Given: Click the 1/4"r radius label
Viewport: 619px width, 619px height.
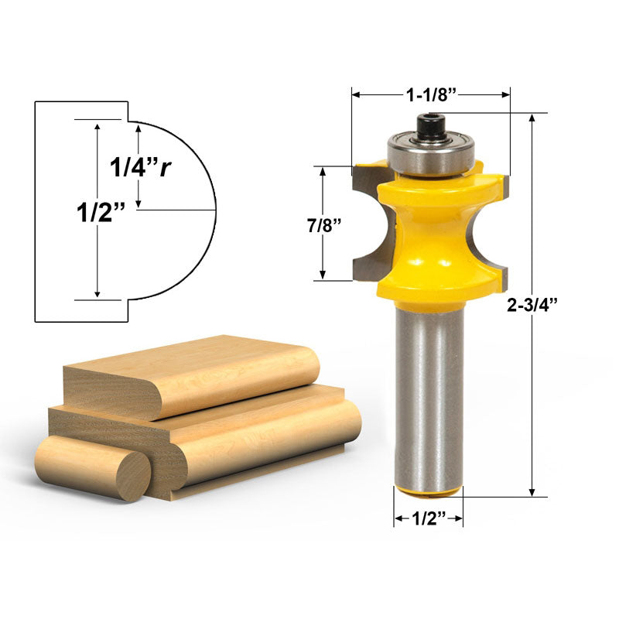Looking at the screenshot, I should click(139, 167).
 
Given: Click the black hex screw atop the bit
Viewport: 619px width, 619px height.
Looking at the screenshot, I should click(430, 126).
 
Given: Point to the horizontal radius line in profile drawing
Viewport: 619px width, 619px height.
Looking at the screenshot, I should click(178, 210).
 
